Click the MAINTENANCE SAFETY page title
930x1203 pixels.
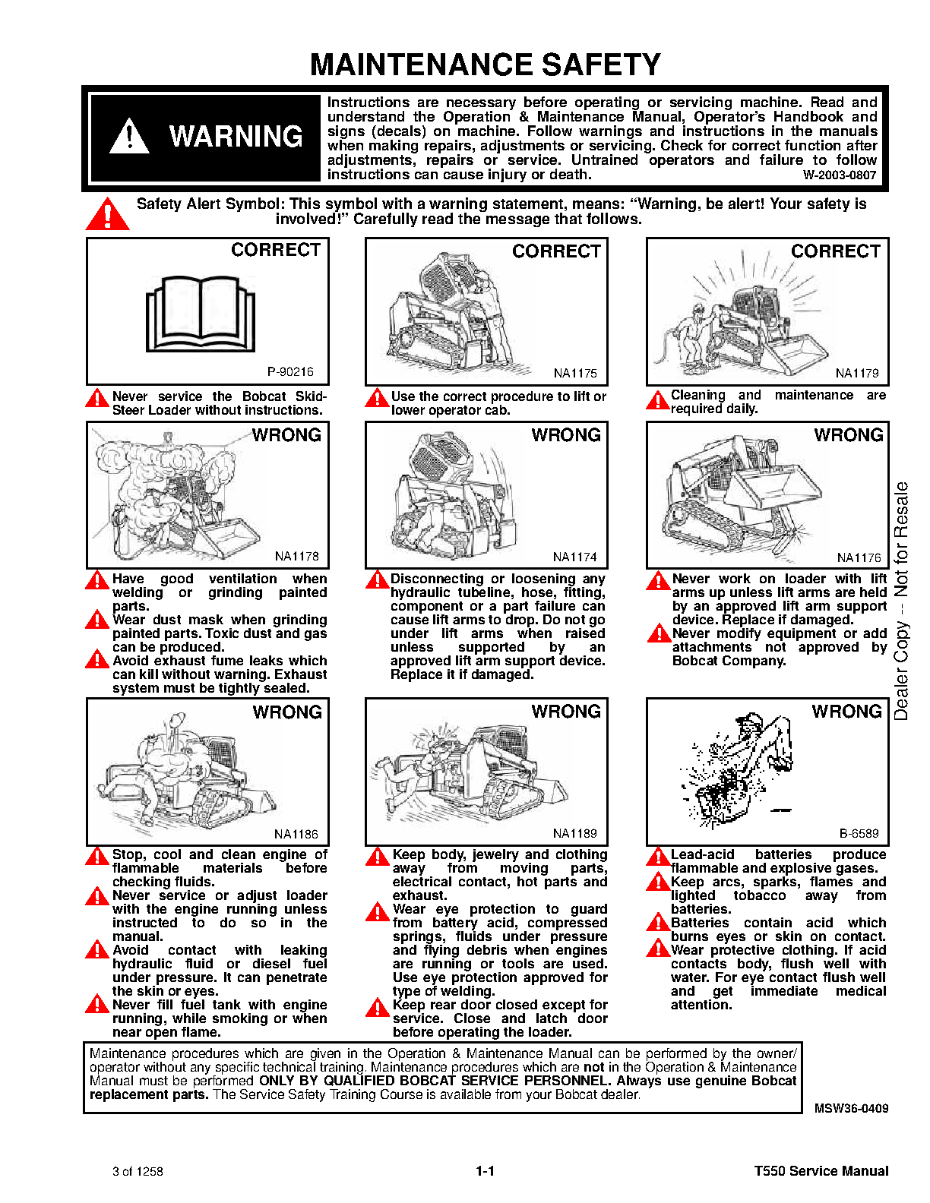[x=485, y=65]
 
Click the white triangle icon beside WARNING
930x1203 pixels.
[x=129, y=137]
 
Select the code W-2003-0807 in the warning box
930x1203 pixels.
[x=839, y=175]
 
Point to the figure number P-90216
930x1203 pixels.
[x=290, y=371]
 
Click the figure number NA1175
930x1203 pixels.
[x=575, y=373]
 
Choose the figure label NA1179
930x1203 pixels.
[x=857, y=373]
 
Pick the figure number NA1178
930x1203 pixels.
[x=296, y=556]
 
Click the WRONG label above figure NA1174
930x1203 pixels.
[x=566, y=435]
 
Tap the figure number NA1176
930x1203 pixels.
[x=859, y=557]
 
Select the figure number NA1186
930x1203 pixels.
[x=296, y=834]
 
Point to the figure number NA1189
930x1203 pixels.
[x=575, y=833]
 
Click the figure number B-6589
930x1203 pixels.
[x=859, y=833]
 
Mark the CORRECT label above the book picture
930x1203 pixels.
[x=276, y=250]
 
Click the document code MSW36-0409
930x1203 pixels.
[x=851, y=1108]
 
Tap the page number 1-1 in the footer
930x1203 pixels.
[x=485, y=1171]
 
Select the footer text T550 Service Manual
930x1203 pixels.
[x=821, y=1171]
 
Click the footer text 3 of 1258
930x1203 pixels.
[x=138, y=1171]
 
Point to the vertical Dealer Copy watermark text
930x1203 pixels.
[x=901, y=600]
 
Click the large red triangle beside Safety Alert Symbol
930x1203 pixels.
[x=108, y=214]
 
